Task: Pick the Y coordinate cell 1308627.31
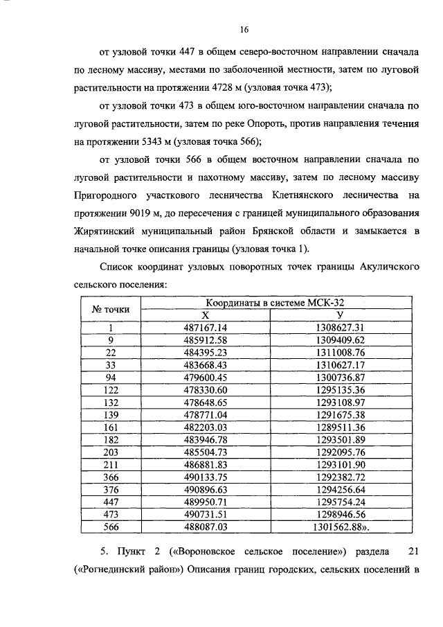pos(340,326)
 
